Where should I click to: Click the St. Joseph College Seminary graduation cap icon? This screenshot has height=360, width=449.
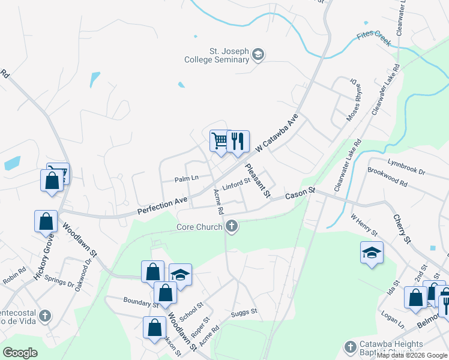[259, 55]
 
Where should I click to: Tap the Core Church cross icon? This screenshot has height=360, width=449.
[232, 227]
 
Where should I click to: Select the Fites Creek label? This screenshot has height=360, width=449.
[373, 39]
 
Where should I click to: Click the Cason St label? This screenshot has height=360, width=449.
[300, 194]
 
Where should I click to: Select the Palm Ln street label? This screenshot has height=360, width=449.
[186, 179]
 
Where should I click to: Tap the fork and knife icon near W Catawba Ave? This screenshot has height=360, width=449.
[238, 141]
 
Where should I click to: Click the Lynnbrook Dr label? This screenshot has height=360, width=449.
[406, 167]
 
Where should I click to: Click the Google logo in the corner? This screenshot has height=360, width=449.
[20, 352]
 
